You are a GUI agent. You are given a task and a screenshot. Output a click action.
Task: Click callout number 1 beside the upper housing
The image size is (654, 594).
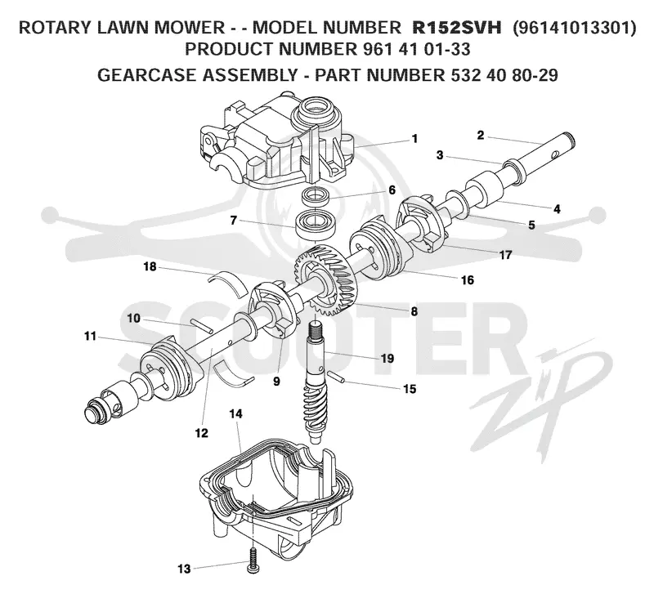pyautogui.click(x=414, y=138)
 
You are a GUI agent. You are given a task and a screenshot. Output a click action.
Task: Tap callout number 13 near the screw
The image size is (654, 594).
pyautogui.click(x=184, y=569)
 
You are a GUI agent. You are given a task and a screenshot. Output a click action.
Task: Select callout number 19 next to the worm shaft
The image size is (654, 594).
pyautogui.click(x=387, y=358)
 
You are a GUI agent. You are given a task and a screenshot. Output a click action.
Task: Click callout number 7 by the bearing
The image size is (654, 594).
pyautogui.click(x=234, y=220)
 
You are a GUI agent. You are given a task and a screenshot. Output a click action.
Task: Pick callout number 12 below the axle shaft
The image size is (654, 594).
pyautogui.click(x=201, y=433)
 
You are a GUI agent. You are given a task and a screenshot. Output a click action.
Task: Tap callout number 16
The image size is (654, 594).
pyautogui.click(x=468, y=279)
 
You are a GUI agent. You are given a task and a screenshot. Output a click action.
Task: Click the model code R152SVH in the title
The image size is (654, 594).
pyautogui.click(x=457, y=28)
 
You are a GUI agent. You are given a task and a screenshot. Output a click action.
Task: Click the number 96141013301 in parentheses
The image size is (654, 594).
pyautogui.click(x=575, y=28)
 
